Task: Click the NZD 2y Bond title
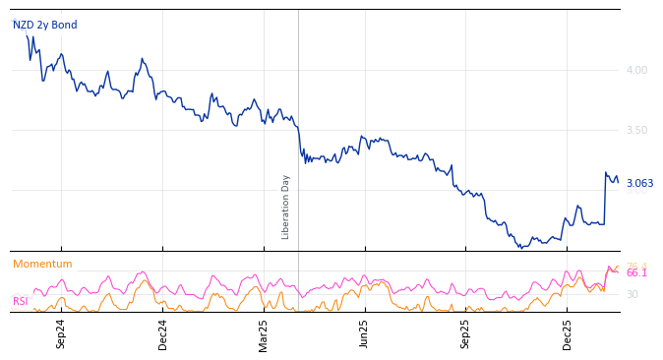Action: [x=44, y=26]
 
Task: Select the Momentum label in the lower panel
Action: [x=42, y=264]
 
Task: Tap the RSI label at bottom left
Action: [x=20, y=301]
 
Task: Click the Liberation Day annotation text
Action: [x=286, y=207]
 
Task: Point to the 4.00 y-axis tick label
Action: [x=636, y=70]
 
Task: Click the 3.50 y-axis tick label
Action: [x=636, y=130]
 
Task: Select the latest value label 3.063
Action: [x=639, y=183]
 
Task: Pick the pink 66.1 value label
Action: [x=636, y=273]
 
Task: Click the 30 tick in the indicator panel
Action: [x=632, y=294]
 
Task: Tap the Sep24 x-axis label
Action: [x=61, y=333]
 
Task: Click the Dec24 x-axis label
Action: [x=162, y=333]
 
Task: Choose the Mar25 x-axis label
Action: [x=264, y=333]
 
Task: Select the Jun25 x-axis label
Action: [x=364, y=333]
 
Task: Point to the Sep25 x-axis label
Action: [x=465, y=333]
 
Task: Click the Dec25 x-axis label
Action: [x=567, y=333]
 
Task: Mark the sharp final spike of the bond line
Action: [x=606, y=174]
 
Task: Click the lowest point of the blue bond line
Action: [x=521, y=247]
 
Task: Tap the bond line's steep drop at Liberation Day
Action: [x=300, y=143]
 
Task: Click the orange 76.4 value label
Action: [x=636, y=266]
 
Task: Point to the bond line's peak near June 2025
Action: [x=362, y=137]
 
